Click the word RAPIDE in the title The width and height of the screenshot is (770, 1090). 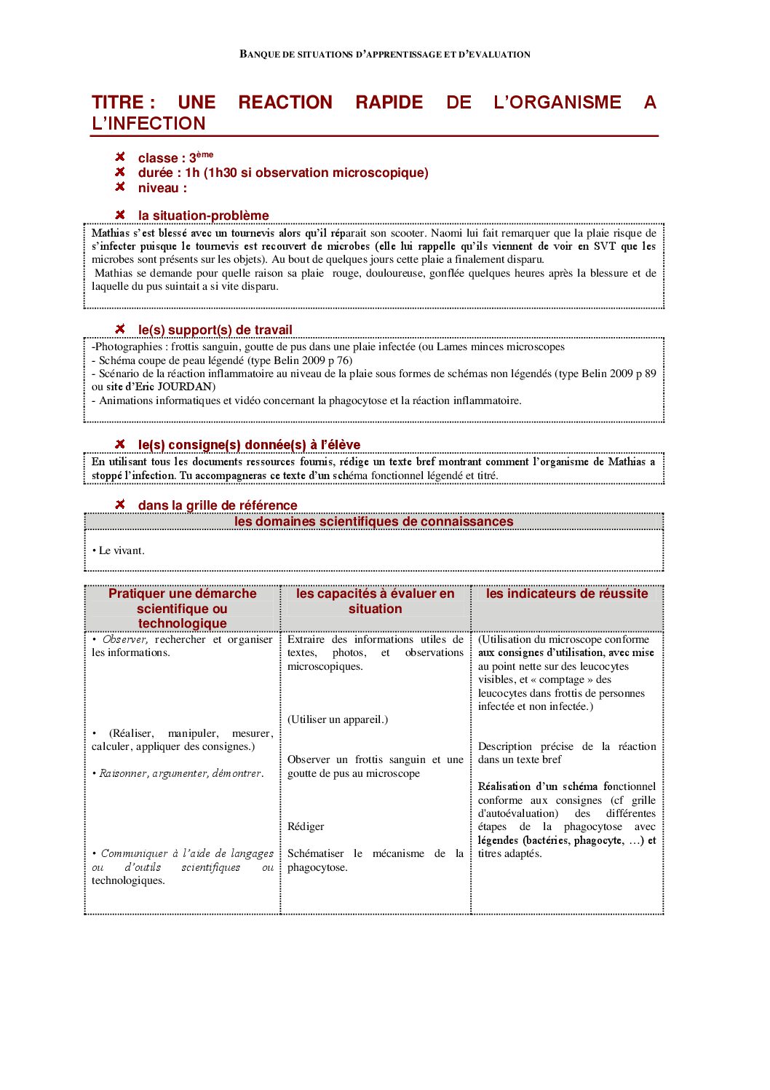pyautogui.click(x=389, y=103)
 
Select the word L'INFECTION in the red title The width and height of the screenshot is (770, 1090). pyautogui.click(x=148, y=124)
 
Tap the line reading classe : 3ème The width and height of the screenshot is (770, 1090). pyautogui.click(x=175, y=158)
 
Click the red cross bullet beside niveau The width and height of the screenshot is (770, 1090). pyautogui.click(x=120, y=187)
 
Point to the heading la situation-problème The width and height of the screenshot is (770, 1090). pyautogui.click(x=203, y=216)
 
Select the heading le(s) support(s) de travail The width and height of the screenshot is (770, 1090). pyautogui.click(x=215, y=330)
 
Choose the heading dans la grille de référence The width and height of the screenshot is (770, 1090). pyautogui.click(x=218, y=505)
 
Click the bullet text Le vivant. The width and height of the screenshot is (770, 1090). pyautogui.click(x=122, y=551)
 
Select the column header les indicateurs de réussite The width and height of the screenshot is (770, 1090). pyautogui.click(x=566, y=594)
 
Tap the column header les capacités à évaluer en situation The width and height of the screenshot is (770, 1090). pyautogui.click(x=375, y=601)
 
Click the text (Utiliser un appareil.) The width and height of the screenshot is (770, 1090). pyautogui.click(x=337, y=720)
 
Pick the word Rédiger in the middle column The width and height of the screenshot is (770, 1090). pyautogui.click(x=306, y=827)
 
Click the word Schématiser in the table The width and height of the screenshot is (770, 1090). pyautogui.click(x=315, y=854)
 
